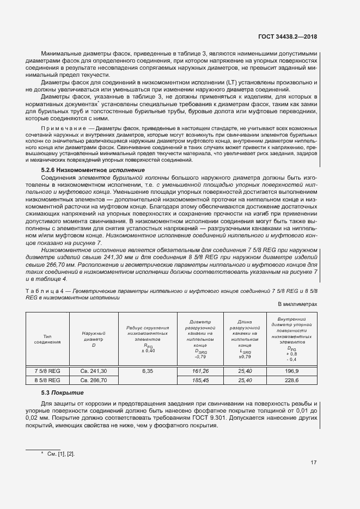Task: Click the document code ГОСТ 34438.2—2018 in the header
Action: (288, 36)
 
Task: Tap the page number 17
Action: (314, 463)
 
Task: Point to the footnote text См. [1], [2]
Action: (61, 453)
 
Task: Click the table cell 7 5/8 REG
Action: (47, 371)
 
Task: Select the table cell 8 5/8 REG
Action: (47, 380)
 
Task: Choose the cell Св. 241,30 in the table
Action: (93, 371)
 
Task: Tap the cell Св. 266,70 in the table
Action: (93, 380)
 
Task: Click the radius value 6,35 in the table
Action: (148, 371)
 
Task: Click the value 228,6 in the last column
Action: (291, 380)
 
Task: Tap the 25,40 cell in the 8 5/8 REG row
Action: (245, 380)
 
